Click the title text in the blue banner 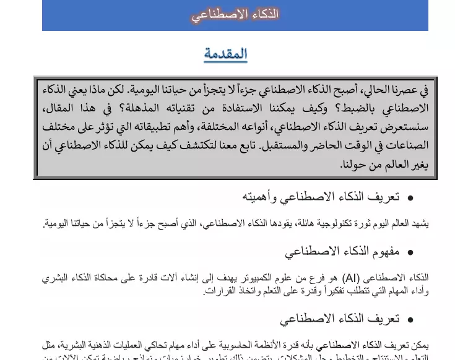point(235,15)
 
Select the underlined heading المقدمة point(225,54)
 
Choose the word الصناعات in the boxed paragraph point(405,147)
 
